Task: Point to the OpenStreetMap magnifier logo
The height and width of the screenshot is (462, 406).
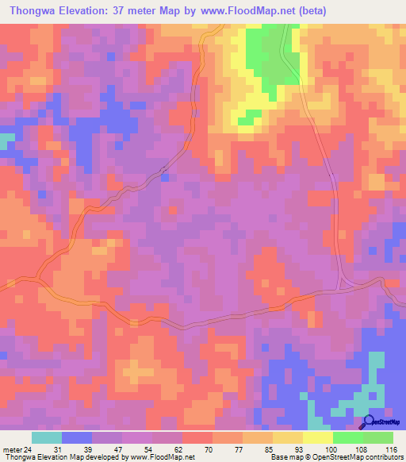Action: click(x=369, y=423)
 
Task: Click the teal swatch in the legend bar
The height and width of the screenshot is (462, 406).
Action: click(x=47, y=437)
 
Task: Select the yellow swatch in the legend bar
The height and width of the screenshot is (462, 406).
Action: click(x=317, y=437)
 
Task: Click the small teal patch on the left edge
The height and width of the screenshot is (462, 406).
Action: click(x=6, y=141)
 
